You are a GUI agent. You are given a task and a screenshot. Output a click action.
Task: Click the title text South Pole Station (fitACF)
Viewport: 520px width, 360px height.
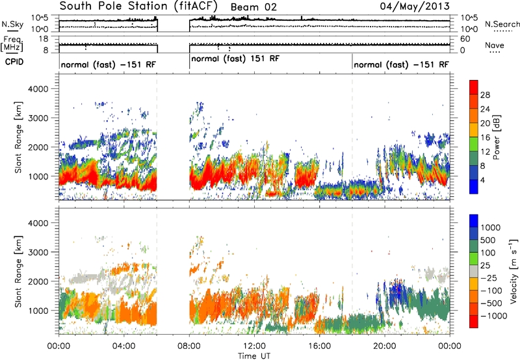point(138,6)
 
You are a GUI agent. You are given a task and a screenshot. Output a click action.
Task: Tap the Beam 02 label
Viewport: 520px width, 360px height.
point(253,7)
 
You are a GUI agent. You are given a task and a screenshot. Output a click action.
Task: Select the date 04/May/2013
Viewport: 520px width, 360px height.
point(415,6)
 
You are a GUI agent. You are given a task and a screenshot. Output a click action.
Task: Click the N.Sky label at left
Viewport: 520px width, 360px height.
point(12,24)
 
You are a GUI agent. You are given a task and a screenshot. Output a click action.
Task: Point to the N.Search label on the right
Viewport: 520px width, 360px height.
point(502,24)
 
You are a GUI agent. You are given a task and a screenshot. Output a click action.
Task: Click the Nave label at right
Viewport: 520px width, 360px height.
point(495,45)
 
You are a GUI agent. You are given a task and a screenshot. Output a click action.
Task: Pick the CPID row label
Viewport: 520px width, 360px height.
point(14,62)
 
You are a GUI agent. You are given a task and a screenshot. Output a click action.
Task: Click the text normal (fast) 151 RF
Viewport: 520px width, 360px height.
point(235,58)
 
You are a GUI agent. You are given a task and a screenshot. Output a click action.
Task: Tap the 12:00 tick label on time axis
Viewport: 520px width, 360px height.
point(254,346)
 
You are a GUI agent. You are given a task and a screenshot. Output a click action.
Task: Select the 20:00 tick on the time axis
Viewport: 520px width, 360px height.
point(385,346)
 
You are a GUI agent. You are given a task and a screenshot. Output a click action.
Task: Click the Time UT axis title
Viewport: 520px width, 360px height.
point(254,356)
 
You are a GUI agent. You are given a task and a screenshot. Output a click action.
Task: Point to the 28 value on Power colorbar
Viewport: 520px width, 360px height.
point(485,95)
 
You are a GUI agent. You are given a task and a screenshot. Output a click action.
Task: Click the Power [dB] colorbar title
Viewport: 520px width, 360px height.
point(496,137)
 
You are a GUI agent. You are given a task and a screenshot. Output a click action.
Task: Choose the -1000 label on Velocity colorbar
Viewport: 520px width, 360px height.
point(493,316)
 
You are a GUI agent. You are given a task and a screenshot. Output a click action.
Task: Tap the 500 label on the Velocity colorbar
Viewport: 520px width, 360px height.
point(488,240)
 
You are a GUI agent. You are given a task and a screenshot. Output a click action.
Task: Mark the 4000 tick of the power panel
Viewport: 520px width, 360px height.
point(38,89)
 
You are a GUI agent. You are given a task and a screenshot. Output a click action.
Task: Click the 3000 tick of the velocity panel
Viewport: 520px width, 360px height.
point(38,252)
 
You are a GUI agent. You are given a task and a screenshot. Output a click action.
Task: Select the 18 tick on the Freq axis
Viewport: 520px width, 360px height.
point(43,39)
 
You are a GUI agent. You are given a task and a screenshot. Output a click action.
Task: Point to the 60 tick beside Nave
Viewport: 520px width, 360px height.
point(465,39)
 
